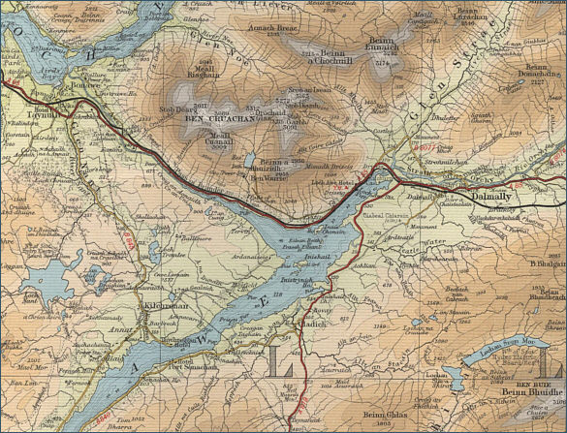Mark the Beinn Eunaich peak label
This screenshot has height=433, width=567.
click(x=380, y=45)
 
